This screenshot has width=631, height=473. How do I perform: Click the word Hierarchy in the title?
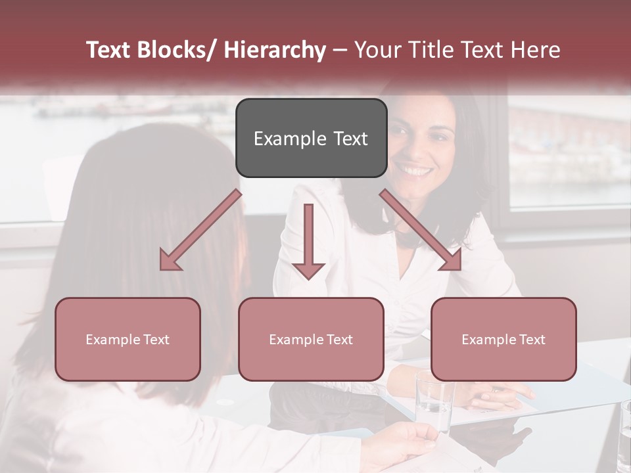pyautogui.click(x=274, y=50)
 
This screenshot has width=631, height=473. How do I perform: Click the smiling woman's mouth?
pyautogui.click(x=417, y=171)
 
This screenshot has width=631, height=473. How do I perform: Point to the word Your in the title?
pyautogui.click(x=377, y=50)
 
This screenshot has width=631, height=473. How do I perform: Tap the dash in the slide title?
pyautogui.click(x=340, y=50)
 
